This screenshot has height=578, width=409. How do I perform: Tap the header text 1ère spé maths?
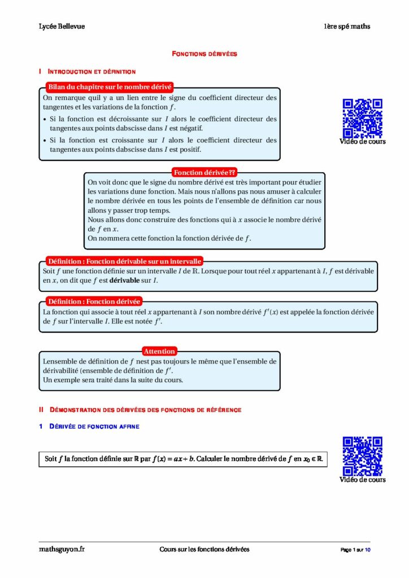click(x=347, y=27)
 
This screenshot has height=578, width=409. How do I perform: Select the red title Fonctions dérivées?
click(x=204, y=54)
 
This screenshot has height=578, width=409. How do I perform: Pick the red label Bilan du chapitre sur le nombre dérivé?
click(x=109, y=87)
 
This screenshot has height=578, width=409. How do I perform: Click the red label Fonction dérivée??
click(x=204, y=172)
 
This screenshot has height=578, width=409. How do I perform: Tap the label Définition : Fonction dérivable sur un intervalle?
click(x=124, y=261)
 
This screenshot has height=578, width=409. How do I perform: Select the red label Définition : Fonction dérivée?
click(x=94, y=301)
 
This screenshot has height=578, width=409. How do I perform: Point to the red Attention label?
click(x=159, y=351)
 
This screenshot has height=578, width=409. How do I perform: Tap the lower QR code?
click(x=363, y=456)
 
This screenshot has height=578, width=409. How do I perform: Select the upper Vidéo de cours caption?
click(x=363, y=142)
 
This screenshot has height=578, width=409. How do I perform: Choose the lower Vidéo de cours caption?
click(x=363, y=480)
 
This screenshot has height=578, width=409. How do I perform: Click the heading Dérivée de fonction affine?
click(x=94, y=427)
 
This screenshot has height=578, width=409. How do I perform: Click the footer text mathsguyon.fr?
click(x=58, y=549)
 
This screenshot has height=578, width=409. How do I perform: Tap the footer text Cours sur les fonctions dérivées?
click(x=204, y=549)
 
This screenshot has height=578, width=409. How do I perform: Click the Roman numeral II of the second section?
click(x=41, y=409)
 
